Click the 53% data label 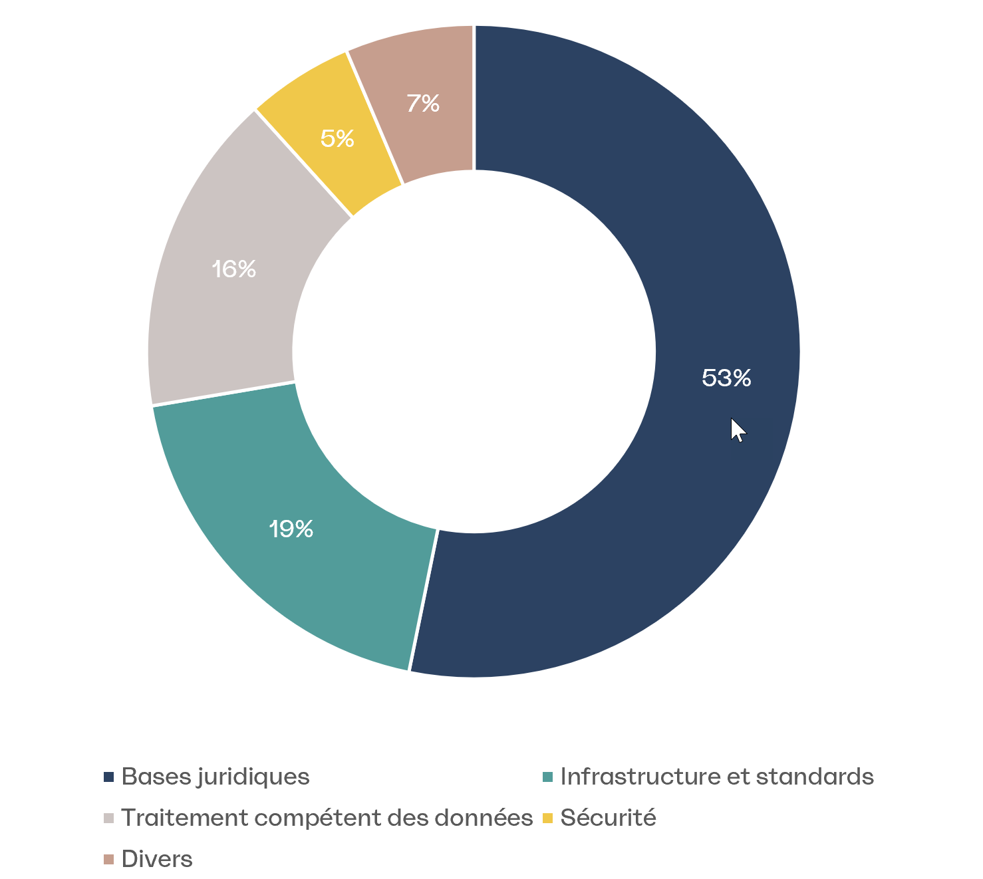click(x=726, y=378)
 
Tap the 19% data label click(x=291, y=529)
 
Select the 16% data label click(x=233, y=269)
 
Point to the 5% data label click(x=337, y=138)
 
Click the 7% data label click(x=423, y=104)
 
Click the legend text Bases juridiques click(x=215, y=777)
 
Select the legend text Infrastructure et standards click(x=717, y=777)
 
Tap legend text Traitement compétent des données click(x=327, y=818)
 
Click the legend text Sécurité click(x=608, y=818)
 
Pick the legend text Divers click(x=157, y=859)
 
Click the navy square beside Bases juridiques click(x=109, y=777)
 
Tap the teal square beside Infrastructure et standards click(x=548, y=777)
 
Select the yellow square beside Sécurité click(x=548, y=818)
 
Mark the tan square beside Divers click(x=109, y=860)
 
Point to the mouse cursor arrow click(x=737, y=430)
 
